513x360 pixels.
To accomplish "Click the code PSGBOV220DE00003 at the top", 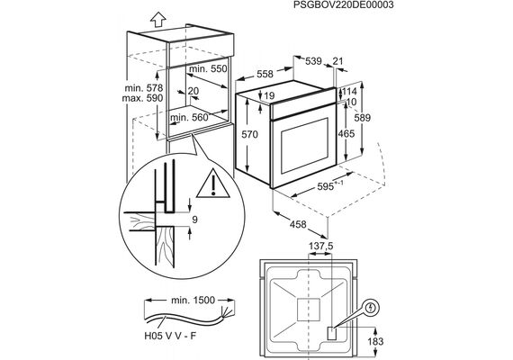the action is (344, 4).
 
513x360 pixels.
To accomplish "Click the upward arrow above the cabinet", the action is (158, 19).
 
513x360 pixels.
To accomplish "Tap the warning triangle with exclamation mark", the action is (213, 184).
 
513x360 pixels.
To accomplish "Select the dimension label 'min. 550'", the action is (208, 68).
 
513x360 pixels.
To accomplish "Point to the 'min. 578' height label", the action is (144, 88).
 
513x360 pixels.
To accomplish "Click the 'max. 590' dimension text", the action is (142, 98).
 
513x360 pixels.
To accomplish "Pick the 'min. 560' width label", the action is (189, 117).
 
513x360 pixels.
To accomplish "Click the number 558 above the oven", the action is (265, 74).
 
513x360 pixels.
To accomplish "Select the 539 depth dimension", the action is (313, 61).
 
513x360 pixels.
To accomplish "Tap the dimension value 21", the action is (337, 61).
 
